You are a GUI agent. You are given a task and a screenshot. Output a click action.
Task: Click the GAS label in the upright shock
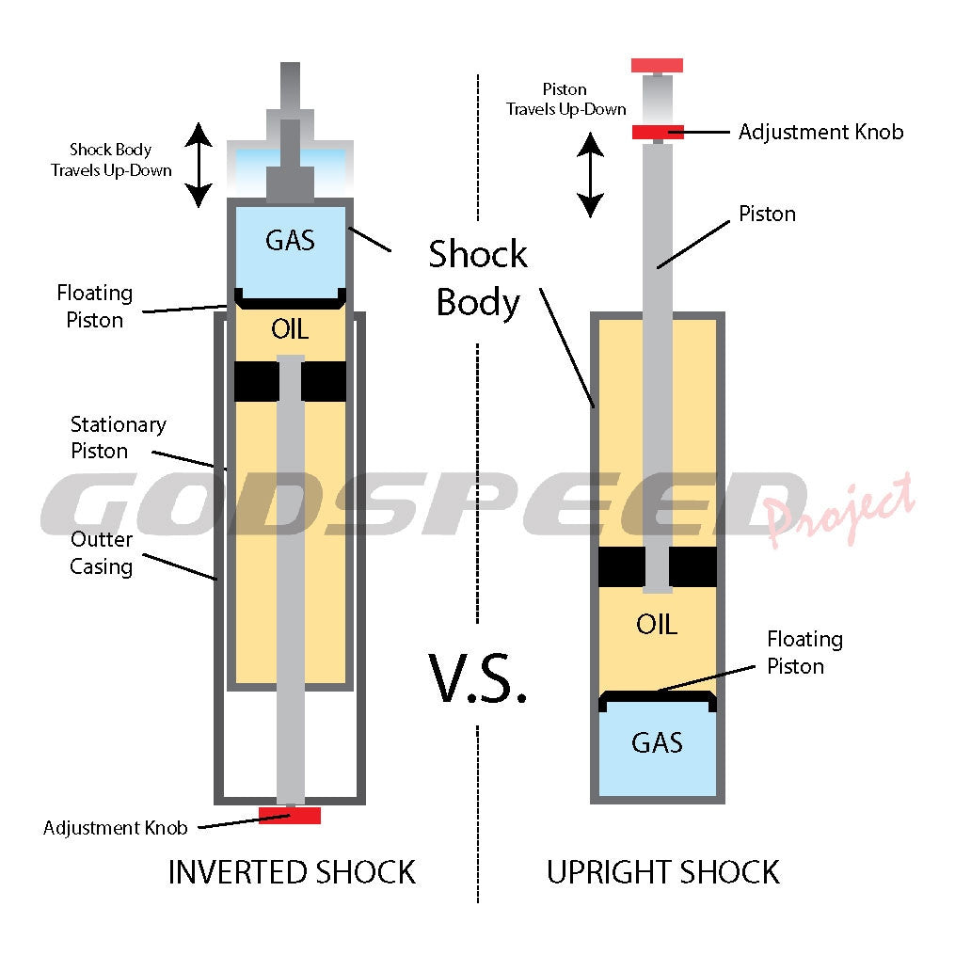pyautogui.click(x=657, y=742)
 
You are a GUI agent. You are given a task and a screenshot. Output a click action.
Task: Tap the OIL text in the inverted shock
pyautogui.click(x=290, y=329)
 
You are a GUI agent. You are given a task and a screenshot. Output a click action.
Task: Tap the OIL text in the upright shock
pyautogui.click(x=657, y=624)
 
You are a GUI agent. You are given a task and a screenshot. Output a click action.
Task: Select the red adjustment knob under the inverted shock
pyautogui.click(x=290, y=815)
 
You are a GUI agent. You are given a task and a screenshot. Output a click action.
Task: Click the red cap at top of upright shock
pyautogui.click(x=657, y=66)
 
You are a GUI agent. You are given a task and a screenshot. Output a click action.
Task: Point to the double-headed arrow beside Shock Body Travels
pyautogui.click(x=198, y=166)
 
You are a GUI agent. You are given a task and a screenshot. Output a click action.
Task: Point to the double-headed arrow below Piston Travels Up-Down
pyautogui.click(x=590, y=175)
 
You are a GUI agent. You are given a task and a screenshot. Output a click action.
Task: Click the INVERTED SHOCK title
pyautogui.click(x=292, y=872)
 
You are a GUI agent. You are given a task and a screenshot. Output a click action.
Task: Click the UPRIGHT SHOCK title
pyautogui.click(x=663, y=872)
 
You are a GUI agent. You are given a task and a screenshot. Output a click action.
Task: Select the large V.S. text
pyautogui.click(x=478, y=677)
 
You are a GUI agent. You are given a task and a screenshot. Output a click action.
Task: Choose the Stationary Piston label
pyautogui.click(x=119, y=438)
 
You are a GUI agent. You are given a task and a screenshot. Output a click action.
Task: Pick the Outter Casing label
pyautogui.click(x=103, y=553)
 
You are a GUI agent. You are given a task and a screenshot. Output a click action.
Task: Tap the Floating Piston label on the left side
pyautogui.click(x=94, y=307)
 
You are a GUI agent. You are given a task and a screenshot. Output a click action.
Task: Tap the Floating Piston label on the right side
pyautogui.click(x=804, y=652)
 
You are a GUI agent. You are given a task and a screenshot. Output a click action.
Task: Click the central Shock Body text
pyautogui.click(x=478, y=279)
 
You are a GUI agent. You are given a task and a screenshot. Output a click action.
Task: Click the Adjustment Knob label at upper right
pyautogui.click(x=820, y=132)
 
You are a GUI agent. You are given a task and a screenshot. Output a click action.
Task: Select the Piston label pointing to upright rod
pyautogui.click(x=767, y=215)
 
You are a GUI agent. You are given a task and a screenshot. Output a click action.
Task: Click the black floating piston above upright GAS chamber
pyautogui.click(x=657, y=698)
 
